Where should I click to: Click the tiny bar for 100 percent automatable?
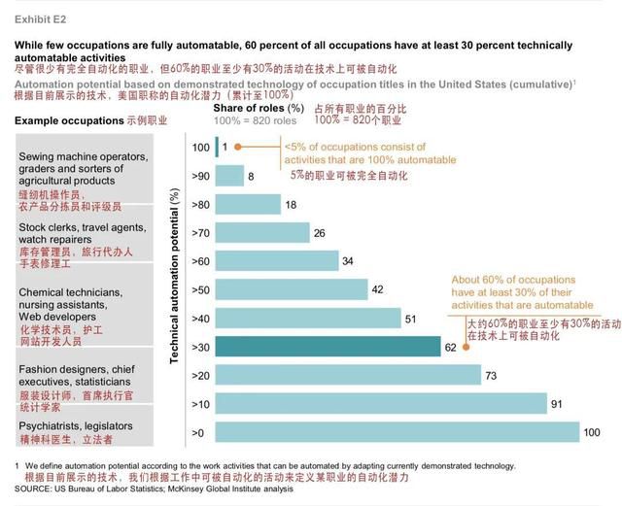216,148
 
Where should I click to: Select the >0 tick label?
198,431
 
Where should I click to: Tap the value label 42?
377,289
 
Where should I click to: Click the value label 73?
492,375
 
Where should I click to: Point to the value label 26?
319,233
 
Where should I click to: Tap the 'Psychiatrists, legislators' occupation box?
83,432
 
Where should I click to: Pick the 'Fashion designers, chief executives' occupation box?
83,382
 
